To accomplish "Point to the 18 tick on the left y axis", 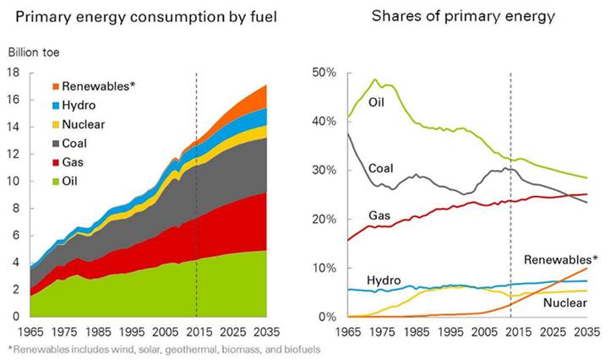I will [x=14, y=73].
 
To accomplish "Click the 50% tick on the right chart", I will [x=324, y=73].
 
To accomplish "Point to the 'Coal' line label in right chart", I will [x=381, y=168].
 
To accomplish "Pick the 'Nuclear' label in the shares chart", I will [x=565, y=302].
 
